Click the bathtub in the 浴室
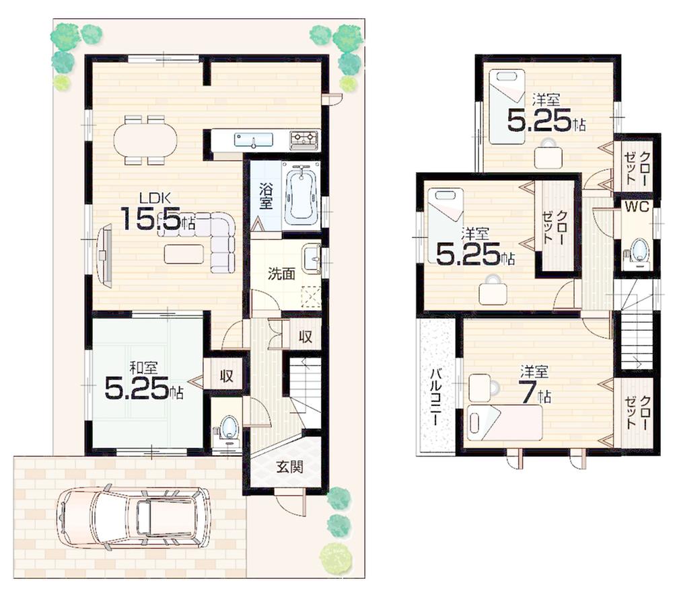click(x=301, y=194)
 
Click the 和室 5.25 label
click(x=144, y=382)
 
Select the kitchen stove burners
click(x=304, y=140)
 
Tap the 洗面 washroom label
click(x=281, y=274)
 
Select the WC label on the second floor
click(x=636, y=207)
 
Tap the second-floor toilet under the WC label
click(x=637, y=250)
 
